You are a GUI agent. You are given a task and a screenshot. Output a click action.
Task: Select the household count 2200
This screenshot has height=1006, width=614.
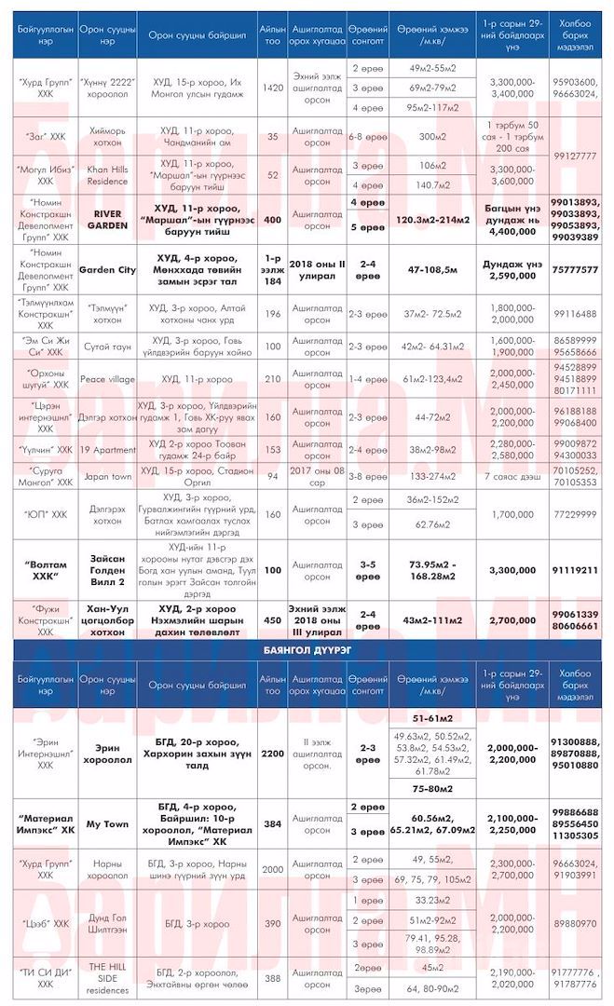(273, 753)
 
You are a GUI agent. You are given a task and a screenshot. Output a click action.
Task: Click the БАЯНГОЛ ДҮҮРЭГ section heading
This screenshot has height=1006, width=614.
(307, 649)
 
